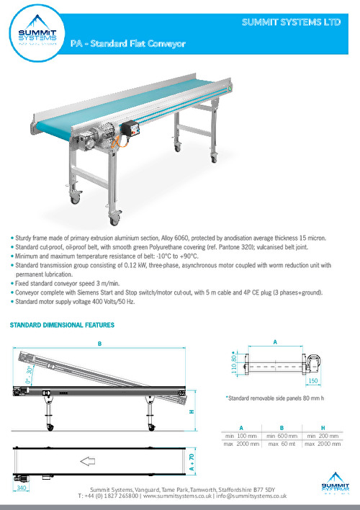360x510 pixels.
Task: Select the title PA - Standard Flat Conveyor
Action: tap(128, 44)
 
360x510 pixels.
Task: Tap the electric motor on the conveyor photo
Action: tap(102, 137)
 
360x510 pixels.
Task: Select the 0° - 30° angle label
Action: tap(28, 375)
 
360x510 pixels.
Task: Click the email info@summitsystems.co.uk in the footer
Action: tap(253, 496)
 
